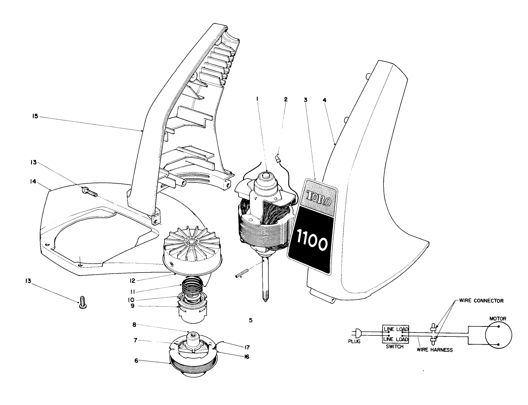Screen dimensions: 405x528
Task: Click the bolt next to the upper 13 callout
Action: (90, 192)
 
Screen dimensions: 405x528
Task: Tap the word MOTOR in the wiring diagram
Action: (498, 318)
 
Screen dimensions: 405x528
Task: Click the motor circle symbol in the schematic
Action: (498, 335)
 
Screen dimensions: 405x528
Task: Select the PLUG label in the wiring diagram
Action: (354, 341)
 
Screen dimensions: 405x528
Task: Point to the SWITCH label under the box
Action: (394, 346)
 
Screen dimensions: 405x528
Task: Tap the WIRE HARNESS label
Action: (434, 350)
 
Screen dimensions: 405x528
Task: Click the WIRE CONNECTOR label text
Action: (481, 301)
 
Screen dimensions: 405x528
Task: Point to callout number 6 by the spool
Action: (136, 361)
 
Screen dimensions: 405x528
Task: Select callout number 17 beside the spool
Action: (247, 347)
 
